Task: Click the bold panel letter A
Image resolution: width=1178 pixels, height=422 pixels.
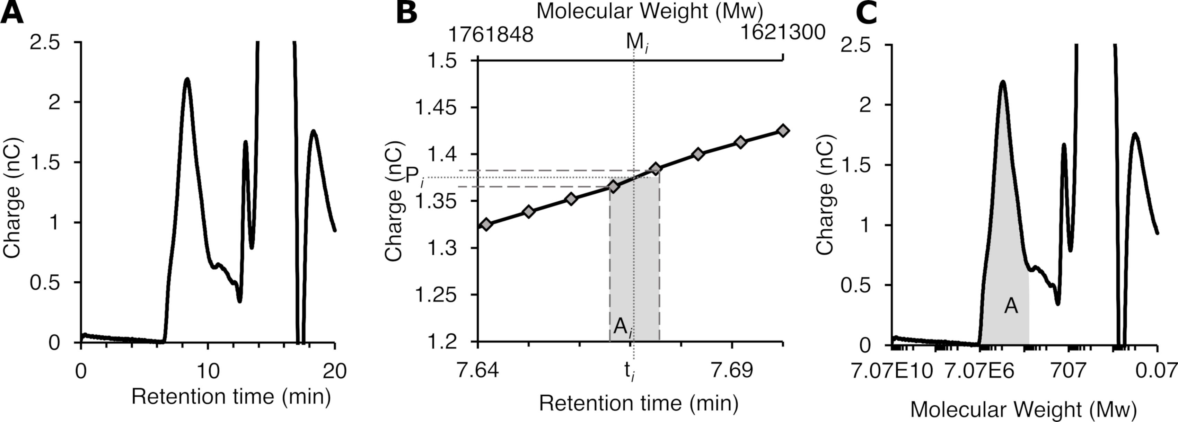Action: (x=12, y=12)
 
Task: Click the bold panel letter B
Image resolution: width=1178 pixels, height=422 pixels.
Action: (x=406, y=12)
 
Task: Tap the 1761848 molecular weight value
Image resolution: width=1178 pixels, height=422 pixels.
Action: (x=491, y=35)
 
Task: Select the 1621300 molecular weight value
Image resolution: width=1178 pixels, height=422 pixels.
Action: (x=782, y=32)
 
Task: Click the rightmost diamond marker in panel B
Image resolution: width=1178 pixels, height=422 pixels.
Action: (x=783, y=131)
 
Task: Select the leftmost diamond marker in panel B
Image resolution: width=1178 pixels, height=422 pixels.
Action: (x=486, y=224)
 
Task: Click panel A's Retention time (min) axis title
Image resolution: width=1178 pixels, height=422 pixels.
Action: (x=231, y=396)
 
